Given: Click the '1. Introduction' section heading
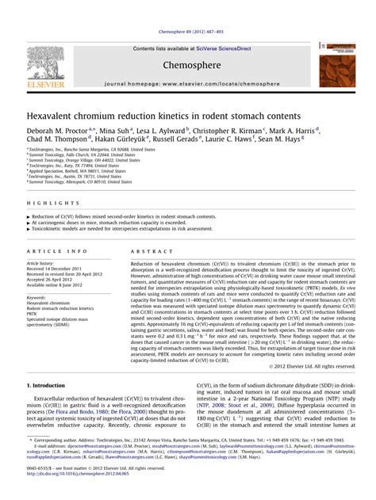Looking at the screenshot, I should point(50,385).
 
